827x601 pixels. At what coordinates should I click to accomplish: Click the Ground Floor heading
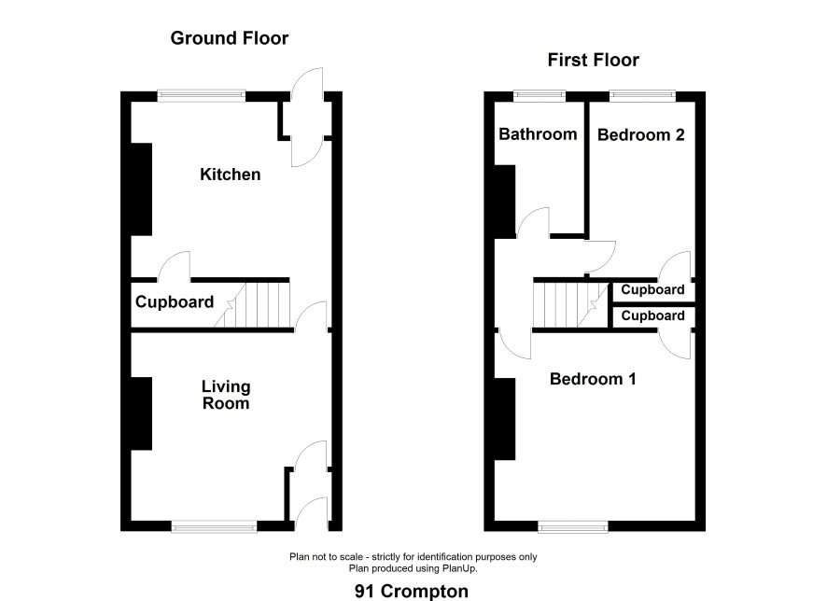230,38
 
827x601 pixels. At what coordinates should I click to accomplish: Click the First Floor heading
593,60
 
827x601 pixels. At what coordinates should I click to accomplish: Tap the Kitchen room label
230,175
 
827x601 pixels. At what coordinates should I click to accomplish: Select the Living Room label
226,395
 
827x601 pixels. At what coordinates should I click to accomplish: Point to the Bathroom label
538,133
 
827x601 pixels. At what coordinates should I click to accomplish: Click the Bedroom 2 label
641,135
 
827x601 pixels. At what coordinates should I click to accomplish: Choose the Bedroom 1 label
593,379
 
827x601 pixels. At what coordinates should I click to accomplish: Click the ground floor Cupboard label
175,302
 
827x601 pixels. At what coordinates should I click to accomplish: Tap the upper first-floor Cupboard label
652,289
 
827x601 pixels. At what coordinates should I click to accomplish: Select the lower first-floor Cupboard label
652,315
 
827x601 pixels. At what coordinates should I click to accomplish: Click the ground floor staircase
253,305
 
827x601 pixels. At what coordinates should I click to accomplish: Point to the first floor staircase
571,305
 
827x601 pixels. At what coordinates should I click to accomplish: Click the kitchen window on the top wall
202,95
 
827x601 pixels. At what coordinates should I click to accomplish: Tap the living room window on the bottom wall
214,525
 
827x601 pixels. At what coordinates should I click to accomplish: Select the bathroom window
540,95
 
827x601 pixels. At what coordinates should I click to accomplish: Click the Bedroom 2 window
642,95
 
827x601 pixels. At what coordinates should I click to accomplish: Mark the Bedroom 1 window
573,525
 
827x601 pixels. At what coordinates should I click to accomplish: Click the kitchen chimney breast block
141,189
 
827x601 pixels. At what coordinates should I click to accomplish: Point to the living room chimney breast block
141,413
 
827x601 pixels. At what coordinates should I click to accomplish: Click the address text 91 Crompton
412,591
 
